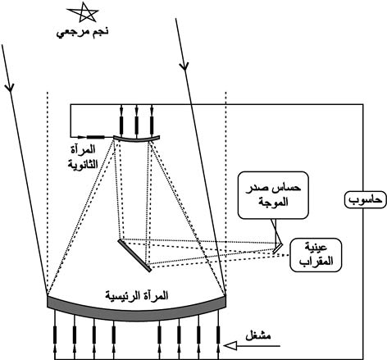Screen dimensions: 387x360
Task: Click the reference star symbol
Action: tap(83, 12)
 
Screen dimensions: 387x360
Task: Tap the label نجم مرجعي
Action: tap(83, 32)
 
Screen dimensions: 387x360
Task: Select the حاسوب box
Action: tap(365, 199)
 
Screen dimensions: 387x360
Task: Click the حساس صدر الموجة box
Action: tap(273, 195)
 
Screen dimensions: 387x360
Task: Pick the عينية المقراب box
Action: tap(316, 255)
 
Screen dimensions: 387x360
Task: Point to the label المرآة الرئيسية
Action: tap(137, 296)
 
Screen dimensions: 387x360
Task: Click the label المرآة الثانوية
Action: tap(83, 157)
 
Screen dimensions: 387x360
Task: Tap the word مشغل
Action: tap(258, 335)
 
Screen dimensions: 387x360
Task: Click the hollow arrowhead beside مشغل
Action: tap(230, 346)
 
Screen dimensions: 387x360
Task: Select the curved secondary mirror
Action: tap(136, 139)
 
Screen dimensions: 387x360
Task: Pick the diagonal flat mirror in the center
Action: tap(134, 256)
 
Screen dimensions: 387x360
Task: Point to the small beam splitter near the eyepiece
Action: tap(278, 248)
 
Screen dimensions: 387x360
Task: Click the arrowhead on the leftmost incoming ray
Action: tap(10, 87)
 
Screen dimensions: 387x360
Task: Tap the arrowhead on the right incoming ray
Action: tap(184, 66)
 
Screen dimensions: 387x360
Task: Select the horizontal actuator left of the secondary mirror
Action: tap(95, 137)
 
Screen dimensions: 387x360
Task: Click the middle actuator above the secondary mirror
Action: tap(136, 125)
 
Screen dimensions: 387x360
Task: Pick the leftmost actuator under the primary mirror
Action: tap(55, 335)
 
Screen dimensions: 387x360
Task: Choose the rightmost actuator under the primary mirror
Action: tap(218, 335)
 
